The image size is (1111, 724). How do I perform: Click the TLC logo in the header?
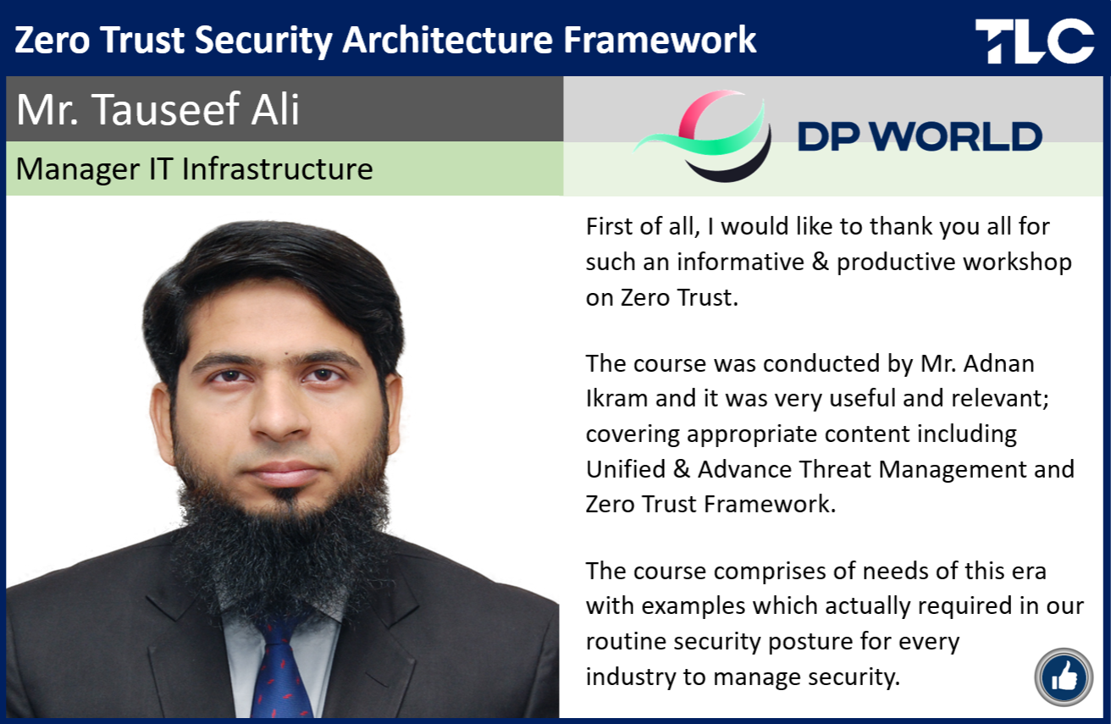click(1034, 41)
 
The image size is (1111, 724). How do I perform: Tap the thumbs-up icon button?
click(1064, 677)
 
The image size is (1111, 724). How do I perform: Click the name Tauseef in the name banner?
click(166, 109)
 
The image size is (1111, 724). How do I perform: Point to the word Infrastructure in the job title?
click(277, 169)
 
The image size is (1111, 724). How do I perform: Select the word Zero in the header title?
click(53, 40)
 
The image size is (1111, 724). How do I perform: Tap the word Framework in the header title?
click(660, 40)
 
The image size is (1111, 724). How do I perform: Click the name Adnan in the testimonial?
click(998, 363)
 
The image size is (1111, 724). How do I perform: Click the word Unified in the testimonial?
click(626, 469)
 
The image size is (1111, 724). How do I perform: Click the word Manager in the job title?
click(78, 170)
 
